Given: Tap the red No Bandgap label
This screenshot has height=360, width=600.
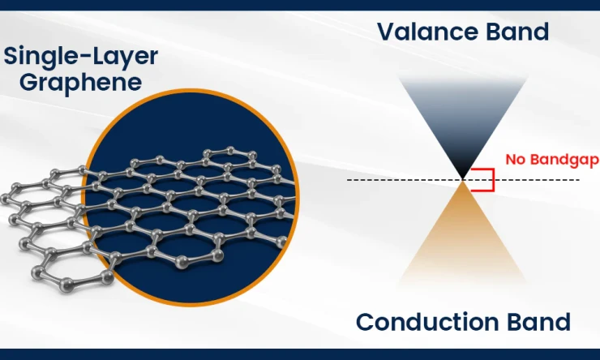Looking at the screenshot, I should [551, 160].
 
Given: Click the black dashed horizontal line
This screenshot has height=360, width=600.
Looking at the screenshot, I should [389, 178].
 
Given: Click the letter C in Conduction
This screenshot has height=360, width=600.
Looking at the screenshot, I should [366, 322].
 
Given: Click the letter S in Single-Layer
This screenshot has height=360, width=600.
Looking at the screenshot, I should [11, 57].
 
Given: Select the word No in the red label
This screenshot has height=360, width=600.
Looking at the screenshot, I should [515, 160].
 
